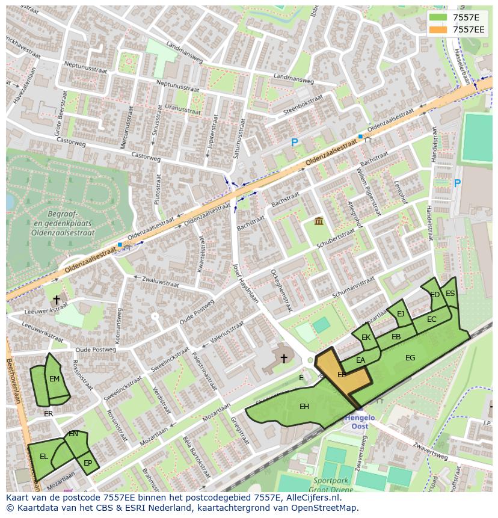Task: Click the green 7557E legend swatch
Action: [x=439, y=17]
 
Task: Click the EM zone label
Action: [x=54, y=379]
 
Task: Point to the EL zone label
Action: [x=44, y=457]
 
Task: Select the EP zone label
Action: [x=88, y=463]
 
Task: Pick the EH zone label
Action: [x=304, y=407]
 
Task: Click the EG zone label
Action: [x=410, y=358]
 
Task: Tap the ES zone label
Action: [x=450, y=294]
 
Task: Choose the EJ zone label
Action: [x=401, y=313]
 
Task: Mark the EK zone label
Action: [x=366, y=338]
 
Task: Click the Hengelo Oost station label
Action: [x=360, y=422]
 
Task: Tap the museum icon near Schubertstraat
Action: [x=319, y=222]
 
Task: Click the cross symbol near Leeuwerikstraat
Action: [x=57, y=299]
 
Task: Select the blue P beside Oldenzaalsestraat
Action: [x=294, y=143]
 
